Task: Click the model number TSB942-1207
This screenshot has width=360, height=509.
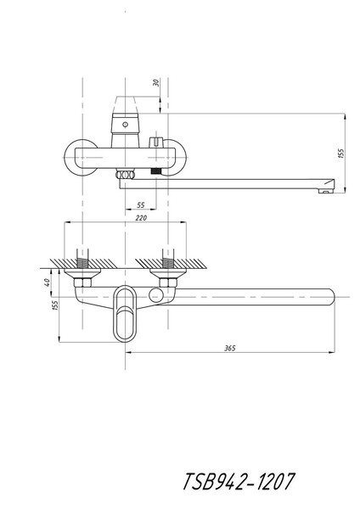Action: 239,481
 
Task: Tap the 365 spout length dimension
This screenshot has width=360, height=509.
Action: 230,349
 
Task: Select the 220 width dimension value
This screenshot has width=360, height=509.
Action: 141,218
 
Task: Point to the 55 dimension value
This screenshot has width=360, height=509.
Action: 141,205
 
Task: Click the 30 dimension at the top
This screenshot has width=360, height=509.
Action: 156,83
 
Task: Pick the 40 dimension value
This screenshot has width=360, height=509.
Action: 48,282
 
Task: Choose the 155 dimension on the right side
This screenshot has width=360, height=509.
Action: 340,154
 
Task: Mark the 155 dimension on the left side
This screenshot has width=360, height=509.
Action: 55,305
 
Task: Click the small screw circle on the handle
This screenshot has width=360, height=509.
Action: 125,125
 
